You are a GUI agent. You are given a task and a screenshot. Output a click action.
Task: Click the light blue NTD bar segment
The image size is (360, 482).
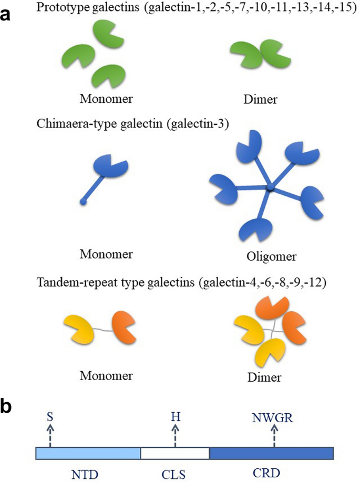click(88, 453)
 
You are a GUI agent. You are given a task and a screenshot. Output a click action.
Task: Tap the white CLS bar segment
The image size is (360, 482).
click(174, 453)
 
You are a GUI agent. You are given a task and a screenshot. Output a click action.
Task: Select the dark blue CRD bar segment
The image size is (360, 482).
click(271, 453)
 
